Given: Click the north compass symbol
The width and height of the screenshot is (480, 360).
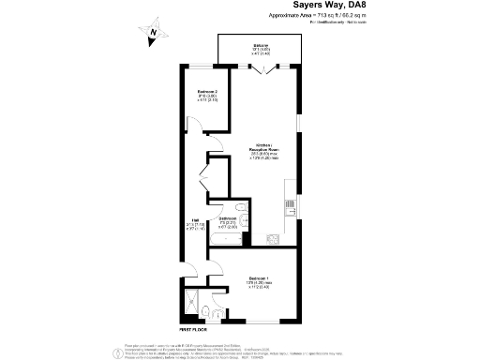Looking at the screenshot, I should coord(151,36).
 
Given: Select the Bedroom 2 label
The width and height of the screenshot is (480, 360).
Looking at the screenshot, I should coord(207,95).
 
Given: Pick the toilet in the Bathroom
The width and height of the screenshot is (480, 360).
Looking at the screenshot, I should coord(243,221).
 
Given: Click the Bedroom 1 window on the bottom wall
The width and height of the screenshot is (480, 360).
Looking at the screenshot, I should coord(259,322).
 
